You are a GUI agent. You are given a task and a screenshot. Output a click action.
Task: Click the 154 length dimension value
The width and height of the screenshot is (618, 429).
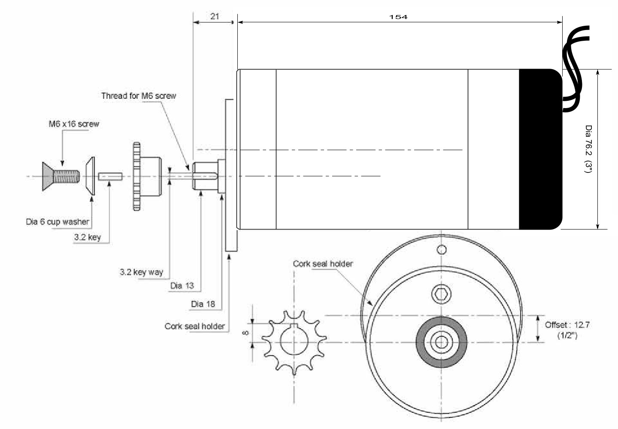[x=398, y=17]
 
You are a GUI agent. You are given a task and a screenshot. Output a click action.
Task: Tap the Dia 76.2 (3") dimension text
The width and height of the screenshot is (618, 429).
[x=588, y=149]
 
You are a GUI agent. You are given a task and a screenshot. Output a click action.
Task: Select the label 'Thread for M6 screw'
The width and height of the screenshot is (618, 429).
[x=139, y=95]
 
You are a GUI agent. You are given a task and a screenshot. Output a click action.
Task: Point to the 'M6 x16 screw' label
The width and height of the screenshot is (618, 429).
[x=73, y=124]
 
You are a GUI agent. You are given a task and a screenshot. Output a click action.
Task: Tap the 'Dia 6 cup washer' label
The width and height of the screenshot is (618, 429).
[x=58, y=222]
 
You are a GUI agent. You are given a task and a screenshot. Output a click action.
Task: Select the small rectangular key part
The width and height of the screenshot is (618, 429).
[x=110, y=176]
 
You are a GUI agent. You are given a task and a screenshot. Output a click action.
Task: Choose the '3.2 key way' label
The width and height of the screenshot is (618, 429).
[x=142, y=272]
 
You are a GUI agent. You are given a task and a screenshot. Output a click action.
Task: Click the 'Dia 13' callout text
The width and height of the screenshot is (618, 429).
[x=182, y=286]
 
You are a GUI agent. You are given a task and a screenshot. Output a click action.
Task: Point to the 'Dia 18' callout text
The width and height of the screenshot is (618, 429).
[x=203, y=304]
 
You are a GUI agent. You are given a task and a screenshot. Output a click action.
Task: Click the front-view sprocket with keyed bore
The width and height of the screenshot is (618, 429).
[x=294, y=342]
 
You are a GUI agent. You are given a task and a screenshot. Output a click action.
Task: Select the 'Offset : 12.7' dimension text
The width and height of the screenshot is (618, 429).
[x=567, y=325]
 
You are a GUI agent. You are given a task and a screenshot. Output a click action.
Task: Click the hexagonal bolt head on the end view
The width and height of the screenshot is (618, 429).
[x=441, y=294]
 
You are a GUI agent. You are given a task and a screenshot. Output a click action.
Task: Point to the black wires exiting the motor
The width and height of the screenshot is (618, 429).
[x=574, y=64]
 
